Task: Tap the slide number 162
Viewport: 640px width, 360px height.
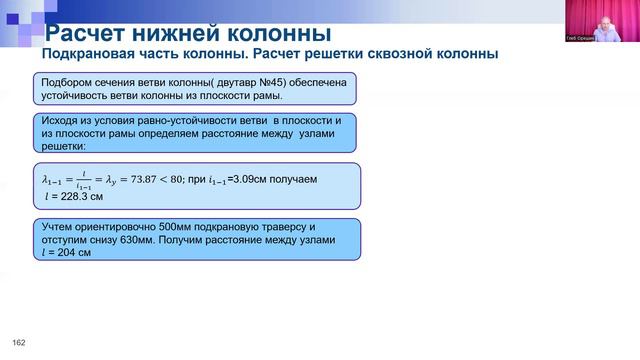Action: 18,344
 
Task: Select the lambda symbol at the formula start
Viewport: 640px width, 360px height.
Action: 46,180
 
